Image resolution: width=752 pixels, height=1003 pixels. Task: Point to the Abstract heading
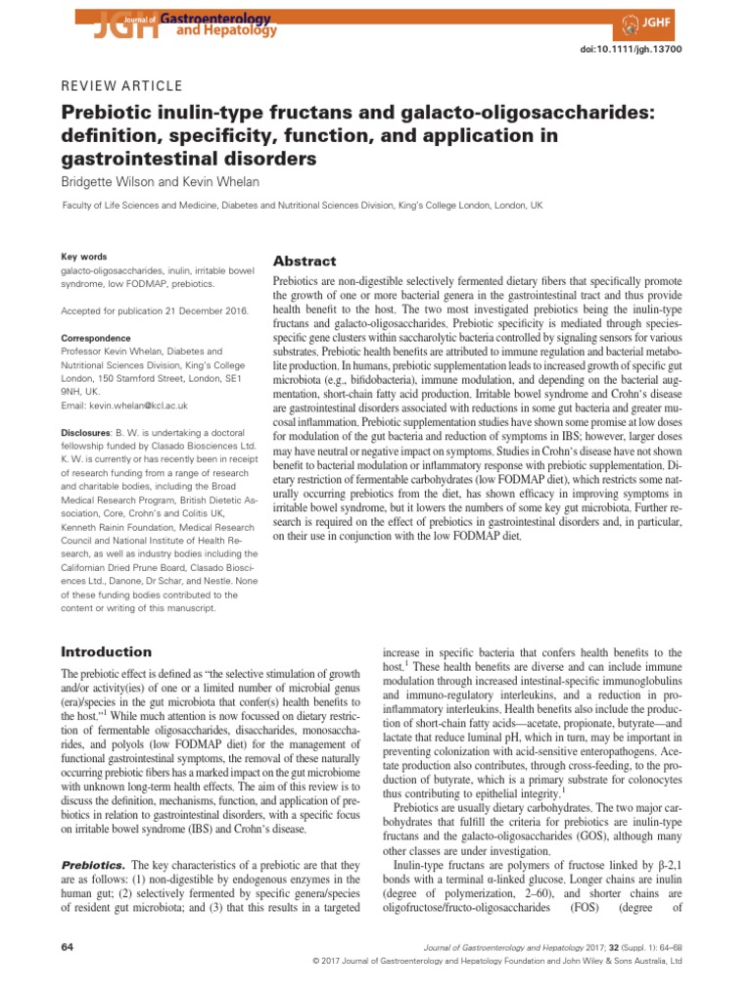304,262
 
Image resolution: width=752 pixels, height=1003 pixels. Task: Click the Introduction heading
107,651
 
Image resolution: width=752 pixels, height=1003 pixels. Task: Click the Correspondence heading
96,337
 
